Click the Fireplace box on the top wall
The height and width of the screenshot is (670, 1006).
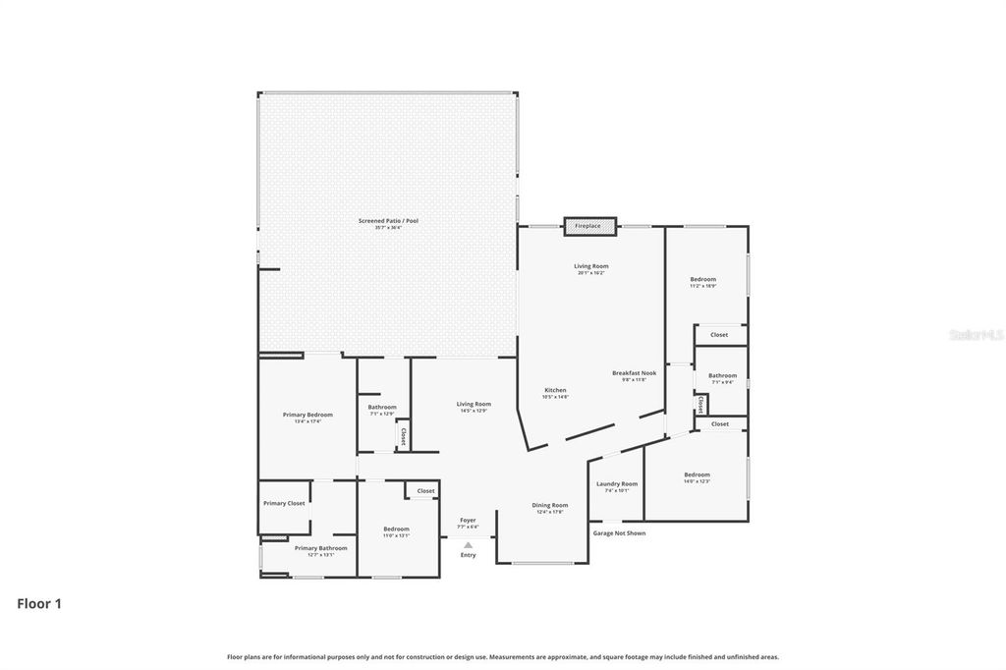click(x=589, y=226)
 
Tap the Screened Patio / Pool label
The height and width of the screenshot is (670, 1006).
click(x=388, y=221)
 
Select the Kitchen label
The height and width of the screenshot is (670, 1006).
click(x=555, y=390)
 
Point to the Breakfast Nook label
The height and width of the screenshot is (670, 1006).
click(x=634, y=372)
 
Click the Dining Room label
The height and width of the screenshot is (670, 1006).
click(x=550, y=505)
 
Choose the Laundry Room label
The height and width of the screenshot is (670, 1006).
click(x=617, y=483)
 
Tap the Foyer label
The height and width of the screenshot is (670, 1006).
click(x=469, y=520)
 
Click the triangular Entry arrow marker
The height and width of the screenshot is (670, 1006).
click(x=469, y=544)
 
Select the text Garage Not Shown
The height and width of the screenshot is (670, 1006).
click(x=619, y=533)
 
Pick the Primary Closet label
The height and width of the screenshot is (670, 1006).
click(x=284, y=503)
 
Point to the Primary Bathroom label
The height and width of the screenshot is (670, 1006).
click(x=320, y=548)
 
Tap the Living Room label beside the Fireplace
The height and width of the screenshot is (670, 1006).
click(x=591, y=266)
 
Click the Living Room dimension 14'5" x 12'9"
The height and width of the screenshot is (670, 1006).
click(x=474, y=410)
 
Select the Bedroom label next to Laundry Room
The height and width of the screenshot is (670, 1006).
click(x=697, y=475)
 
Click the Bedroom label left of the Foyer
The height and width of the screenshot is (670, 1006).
click(x=396, y=529)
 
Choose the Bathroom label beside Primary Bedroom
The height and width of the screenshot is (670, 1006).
click(x=382, y=407)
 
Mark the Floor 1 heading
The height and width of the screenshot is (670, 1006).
click(x=39, y=604)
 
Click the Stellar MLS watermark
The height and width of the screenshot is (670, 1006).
click(x=976, y=335)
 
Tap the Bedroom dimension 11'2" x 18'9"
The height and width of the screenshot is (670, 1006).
click(x=702, y=286)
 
